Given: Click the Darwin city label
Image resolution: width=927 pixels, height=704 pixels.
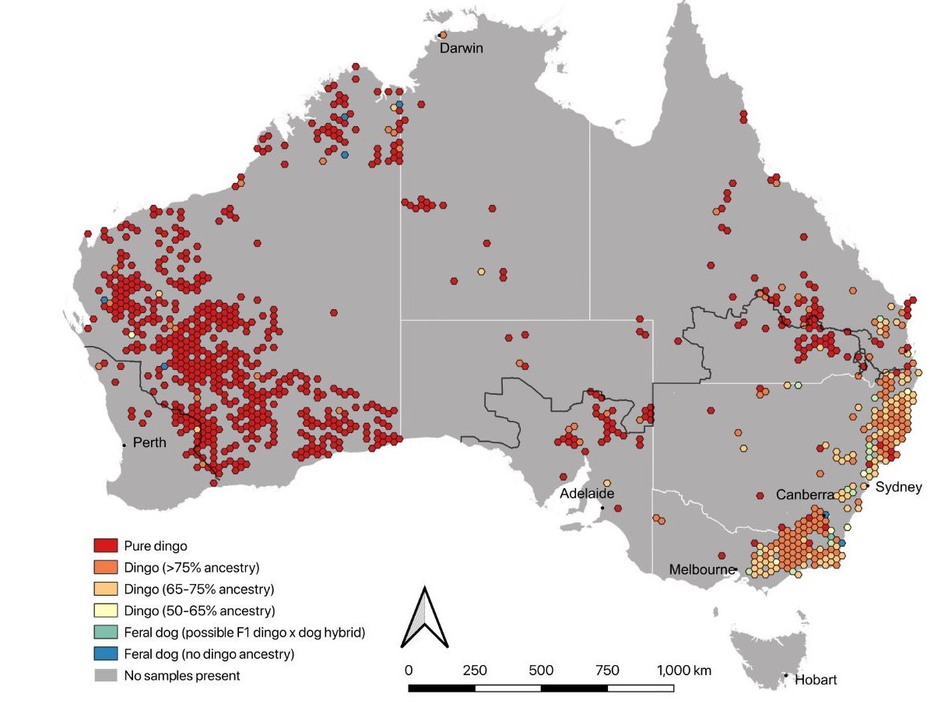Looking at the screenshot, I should click(462, 48).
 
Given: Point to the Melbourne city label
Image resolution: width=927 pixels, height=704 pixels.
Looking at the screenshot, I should click(701, 570).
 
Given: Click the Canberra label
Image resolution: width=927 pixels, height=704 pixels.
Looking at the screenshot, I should click(804, 495).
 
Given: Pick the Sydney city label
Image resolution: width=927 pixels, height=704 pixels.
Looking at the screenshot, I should click(898, 488).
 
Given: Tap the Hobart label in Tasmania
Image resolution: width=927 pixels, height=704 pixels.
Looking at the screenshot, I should click(816, 680).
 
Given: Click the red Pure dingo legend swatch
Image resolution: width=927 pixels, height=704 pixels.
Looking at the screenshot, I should click(105, 546).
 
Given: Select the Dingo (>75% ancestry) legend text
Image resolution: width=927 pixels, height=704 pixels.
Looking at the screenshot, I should click(191, 567).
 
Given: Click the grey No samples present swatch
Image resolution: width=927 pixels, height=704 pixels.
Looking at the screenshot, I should click(105, 675).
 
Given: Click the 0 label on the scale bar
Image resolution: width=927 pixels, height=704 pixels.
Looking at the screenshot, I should click(409, 671).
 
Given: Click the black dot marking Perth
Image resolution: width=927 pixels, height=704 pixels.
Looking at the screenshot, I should click(124, 445).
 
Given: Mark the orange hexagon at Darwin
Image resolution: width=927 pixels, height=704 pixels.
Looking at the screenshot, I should click(443, 35).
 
